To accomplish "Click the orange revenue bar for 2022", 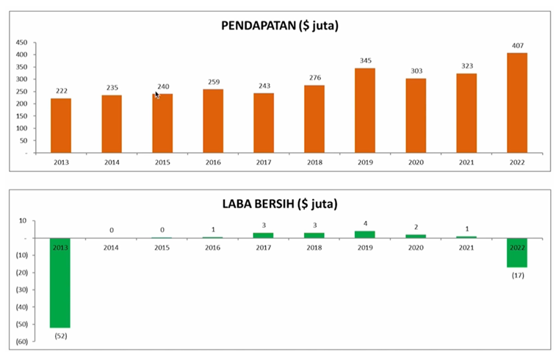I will point(517,103).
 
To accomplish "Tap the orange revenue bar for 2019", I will point(365,110).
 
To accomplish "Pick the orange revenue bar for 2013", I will point(61,126).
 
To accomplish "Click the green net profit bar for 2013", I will point(61,283).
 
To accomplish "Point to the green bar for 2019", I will point(365,234).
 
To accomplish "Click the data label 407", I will point(517,46).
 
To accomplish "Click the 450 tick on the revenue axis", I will point(22,43).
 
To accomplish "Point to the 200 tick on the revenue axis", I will point(22,104).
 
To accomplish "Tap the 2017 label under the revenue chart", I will point(264,162).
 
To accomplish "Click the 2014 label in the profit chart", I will point(112,247).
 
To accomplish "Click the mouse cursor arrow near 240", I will point(156,94).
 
